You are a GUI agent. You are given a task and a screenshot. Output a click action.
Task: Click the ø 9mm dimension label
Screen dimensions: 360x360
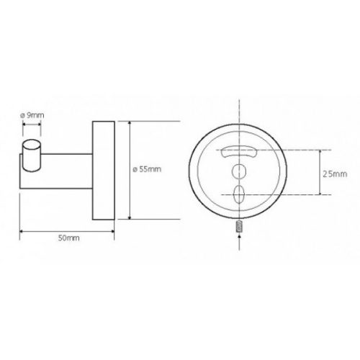32,115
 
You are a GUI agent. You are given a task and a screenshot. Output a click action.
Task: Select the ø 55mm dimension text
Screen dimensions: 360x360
147,169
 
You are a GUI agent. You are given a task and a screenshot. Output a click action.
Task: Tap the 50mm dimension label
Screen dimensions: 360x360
68,238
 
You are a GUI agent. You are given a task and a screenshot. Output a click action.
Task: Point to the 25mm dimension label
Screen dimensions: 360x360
335,174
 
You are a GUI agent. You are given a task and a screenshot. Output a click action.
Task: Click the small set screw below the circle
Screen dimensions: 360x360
239,226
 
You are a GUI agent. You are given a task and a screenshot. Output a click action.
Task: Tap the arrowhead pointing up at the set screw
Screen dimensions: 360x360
239,236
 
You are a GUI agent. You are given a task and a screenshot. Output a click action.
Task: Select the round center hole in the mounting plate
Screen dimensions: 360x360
239,171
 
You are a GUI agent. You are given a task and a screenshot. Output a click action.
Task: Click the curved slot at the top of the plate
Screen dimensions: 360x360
239,152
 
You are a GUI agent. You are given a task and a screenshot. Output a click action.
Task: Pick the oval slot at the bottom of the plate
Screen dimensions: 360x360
239,194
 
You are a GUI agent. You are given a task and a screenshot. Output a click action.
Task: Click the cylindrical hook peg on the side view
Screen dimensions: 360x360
32,155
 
